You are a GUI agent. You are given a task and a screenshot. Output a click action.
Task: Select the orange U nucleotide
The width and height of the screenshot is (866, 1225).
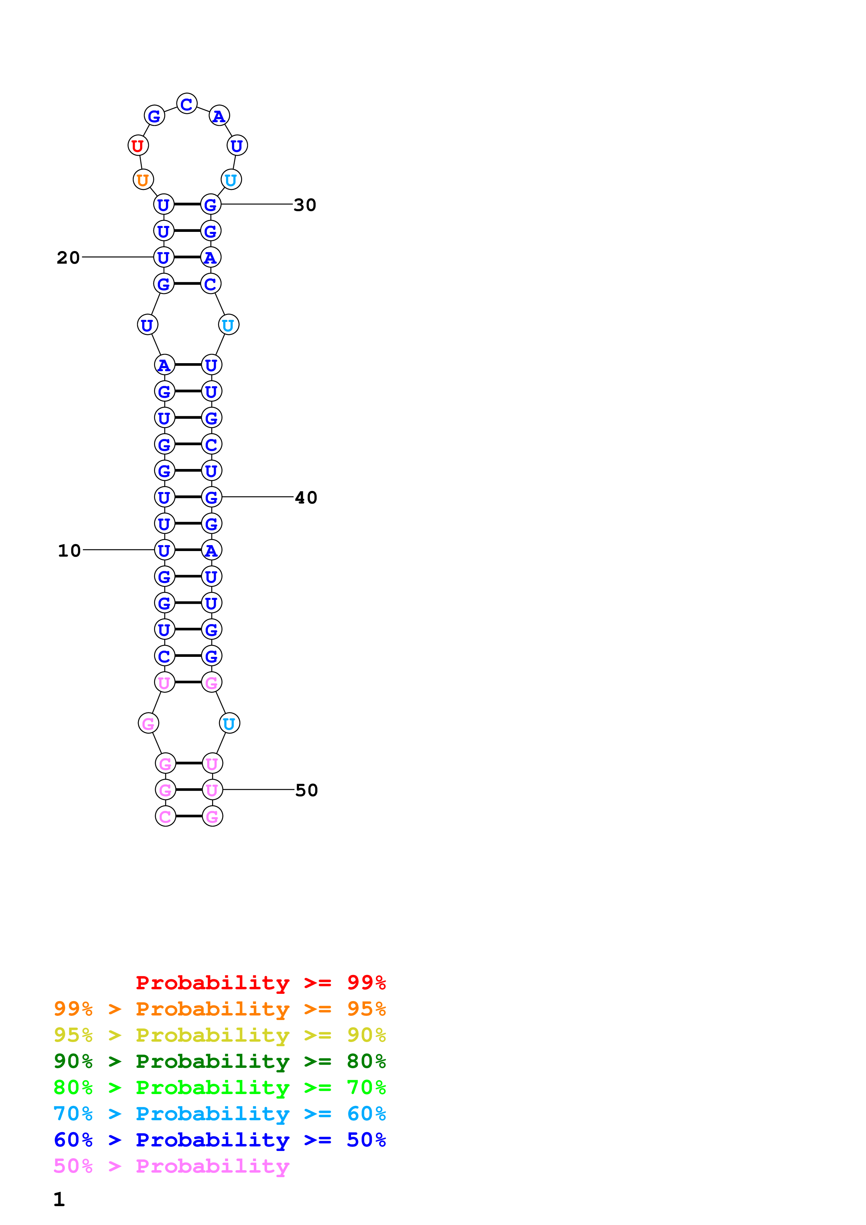pyautogui.click(x=143, y=180)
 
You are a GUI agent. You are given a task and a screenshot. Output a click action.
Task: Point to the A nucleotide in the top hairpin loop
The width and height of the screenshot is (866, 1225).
pyautogui.click(x=219, y=116)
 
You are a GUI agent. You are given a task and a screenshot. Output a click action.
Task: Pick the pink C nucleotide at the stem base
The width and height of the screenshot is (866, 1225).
pyautogui.click(x=165, y=816)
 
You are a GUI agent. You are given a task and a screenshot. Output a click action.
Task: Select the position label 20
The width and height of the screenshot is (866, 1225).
pyautogui.click(x=68, y=258)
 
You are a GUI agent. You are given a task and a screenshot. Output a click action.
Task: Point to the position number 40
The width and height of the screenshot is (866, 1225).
pyautogui.click(x=306, y=498)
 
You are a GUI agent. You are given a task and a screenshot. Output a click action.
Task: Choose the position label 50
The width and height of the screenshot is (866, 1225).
pyautogui.click(x=306, y=790)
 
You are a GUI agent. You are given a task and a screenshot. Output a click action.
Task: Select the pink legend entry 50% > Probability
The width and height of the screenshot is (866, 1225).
pyautogui.click(x=171, y=1166)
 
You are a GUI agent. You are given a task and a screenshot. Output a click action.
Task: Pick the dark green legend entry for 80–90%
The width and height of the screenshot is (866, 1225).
pyautogui.click(x=219, y=1061)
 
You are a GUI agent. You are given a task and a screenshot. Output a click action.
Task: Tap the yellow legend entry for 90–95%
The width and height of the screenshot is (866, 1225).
pyautogui.click(x=219, y=1035)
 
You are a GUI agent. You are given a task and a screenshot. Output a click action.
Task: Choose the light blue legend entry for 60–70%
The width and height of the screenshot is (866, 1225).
pyautogui.click(x=219, y=1114)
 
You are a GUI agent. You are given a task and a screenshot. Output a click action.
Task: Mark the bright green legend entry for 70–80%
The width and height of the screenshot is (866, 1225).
pyautogui.click(x=219, y=1087)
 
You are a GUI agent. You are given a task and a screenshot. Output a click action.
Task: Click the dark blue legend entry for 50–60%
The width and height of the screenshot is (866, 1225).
pyautogui.click(x=219, y=1140)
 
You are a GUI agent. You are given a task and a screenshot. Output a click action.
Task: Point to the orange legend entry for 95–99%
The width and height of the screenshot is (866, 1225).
pyautogui.click(x=219, y=1009)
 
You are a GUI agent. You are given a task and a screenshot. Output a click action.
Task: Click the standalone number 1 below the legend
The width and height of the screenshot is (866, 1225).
pyautogui.click(x=59, y=1200)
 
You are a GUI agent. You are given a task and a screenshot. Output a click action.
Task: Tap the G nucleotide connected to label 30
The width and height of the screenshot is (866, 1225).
pyautogui.click(x=211, y=204)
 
